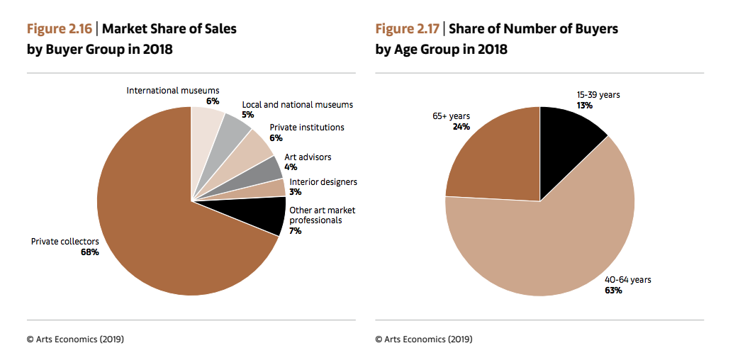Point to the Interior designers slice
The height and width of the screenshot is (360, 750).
pyautogui.click(x=269, y=190)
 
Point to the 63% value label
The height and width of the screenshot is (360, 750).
pyautogui.click(x=613, y=291)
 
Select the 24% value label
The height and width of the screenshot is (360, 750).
pyautogui.click(x=461, y=127)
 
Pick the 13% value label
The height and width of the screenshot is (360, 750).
pyautogui.click(x=584, y=106)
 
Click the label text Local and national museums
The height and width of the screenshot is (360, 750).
pyautogui.click(x=297, y=104)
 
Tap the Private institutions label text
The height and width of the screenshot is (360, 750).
pyautogui.click(x=307, y=128)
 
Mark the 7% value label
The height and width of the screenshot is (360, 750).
pyautogui.click(x=295, y=231)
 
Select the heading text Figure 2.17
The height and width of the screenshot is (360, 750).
pyautogui.click(x=408, y=29)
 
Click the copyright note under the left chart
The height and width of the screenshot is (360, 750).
pyautogui.click(x=75, y=339)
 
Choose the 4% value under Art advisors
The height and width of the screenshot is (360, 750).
pyautogui.click(x=290, y=167)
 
